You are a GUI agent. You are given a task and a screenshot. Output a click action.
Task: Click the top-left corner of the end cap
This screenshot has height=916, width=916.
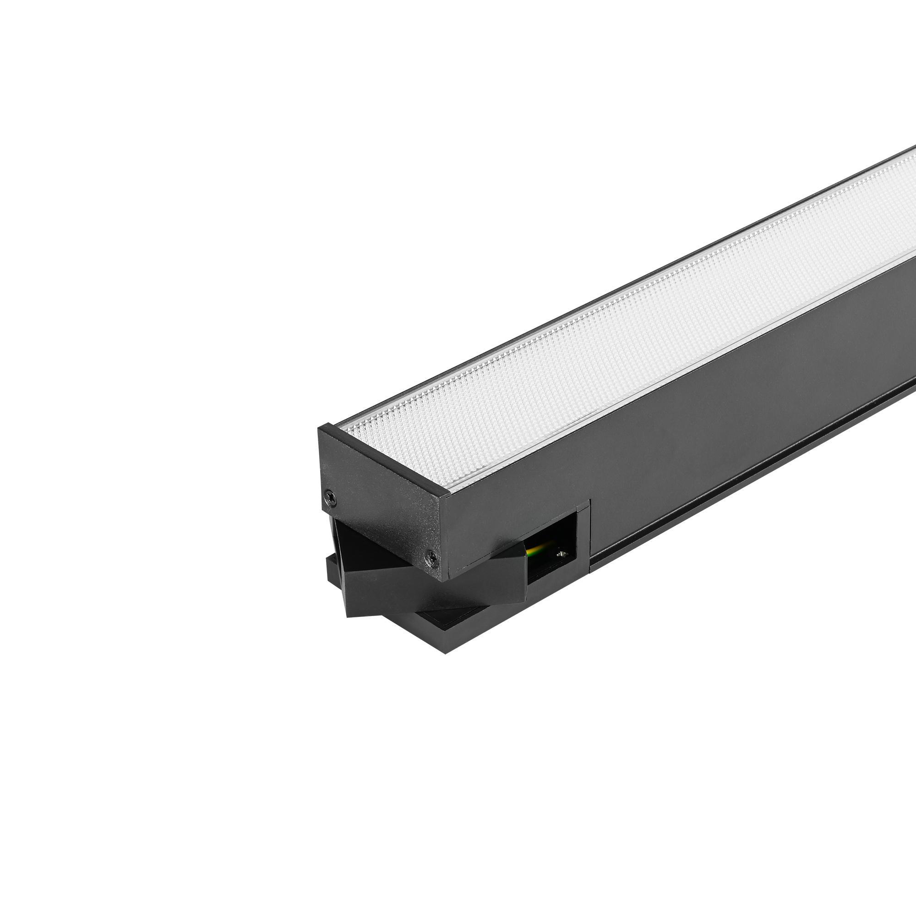click(x=319, y=428)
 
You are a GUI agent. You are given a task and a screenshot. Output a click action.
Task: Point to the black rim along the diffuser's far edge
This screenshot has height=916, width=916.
click(x=616, y=284)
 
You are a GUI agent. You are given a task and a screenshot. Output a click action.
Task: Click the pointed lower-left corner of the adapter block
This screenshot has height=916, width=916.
click(x=349, y=616)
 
